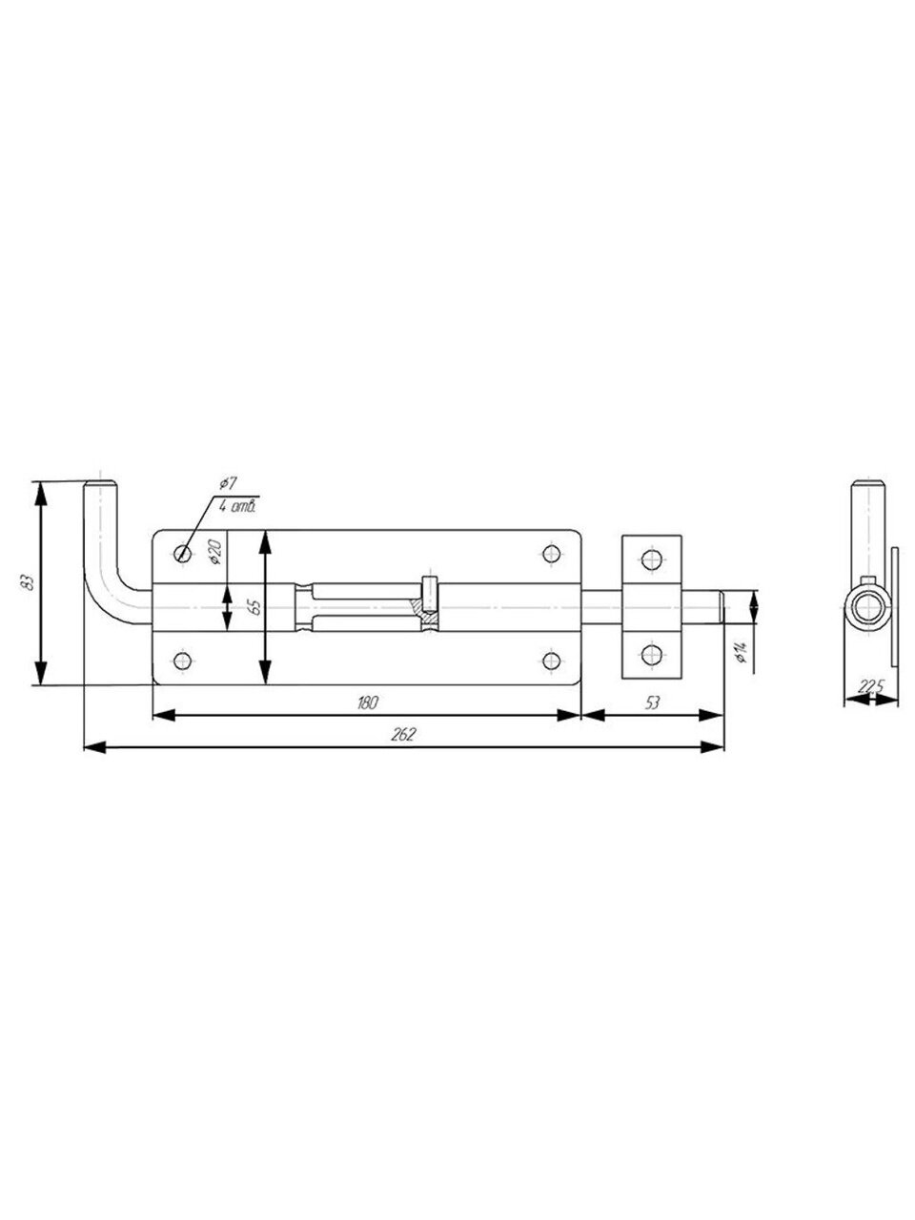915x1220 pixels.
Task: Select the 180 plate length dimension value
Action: click(x=367, y=703)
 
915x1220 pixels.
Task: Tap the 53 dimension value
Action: click(x=652, y=703)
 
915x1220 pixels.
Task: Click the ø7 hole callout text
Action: click(x=227, y=483)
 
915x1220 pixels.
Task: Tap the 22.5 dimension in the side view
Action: click(x=870, y=687)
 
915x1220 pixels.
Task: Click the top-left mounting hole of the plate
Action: click(x=182, y=554)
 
